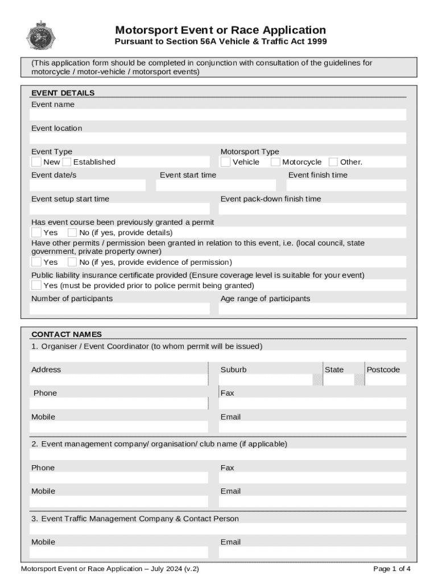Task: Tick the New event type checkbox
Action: click(x=36, y=162)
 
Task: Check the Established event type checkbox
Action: click(x=67, y=162)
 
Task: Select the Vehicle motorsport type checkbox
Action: click(x=225, y=162)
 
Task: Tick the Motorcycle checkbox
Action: click(x=275, y=162)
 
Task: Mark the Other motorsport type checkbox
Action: click(x=333, y=162)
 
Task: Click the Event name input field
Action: click(x=218, y=115)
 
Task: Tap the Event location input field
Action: click(x=218, y=138)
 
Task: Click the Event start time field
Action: click(x=216, y=186)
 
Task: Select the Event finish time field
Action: click(x=346, y=186)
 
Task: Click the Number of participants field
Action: click(x=119, y=309)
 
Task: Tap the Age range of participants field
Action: click(x=313, y=309)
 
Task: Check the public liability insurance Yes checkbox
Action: click(x=36, y=285)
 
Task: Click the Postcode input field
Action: click(x=386, y=380)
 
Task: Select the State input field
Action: click(x=338, y=380)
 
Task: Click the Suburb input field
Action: click(x=266, y=380)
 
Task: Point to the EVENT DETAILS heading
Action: click(x=63, y=93)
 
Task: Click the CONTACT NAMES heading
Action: click(x=66, y=334)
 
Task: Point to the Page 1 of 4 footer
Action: click(x=392, y=569)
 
